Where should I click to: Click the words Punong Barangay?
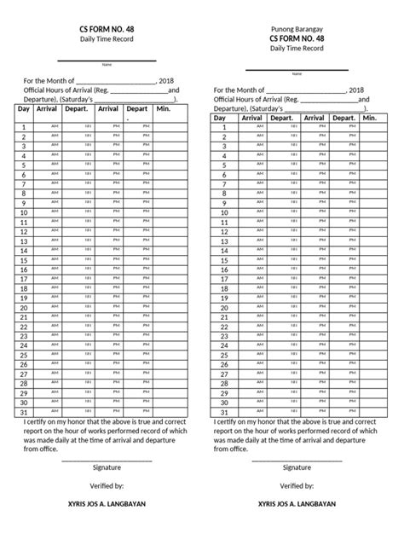point(297,27)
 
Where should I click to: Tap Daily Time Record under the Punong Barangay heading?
point(297,49)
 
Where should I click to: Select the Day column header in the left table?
point(23,109)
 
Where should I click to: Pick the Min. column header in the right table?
point(369,118)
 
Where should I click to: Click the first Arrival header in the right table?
point(252,118)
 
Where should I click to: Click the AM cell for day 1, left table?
point(55,126)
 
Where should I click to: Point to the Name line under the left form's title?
point(107,61)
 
